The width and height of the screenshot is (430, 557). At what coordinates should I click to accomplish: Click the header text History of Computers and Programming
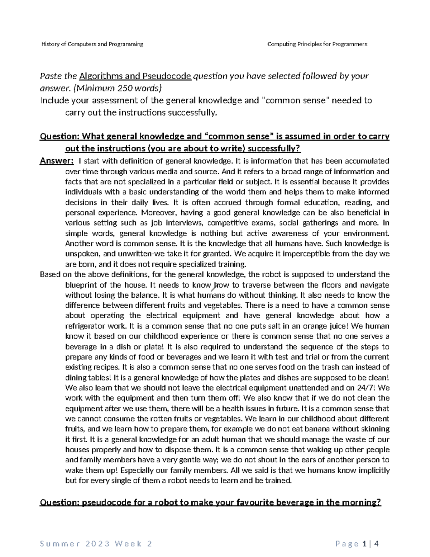(92, 44)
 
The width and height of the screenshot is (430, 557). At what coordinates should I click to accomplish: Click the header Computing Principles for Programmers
(317, 44)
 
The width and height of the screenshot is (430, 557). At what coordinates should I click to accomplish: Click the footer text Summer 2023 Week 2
(96, 544)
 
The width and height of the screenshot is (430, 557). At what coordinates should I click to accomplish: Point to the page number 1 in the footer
(364, 544)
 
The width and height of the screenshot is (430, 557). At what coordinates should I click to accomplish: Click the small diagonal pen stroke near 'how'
(216, 285)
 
